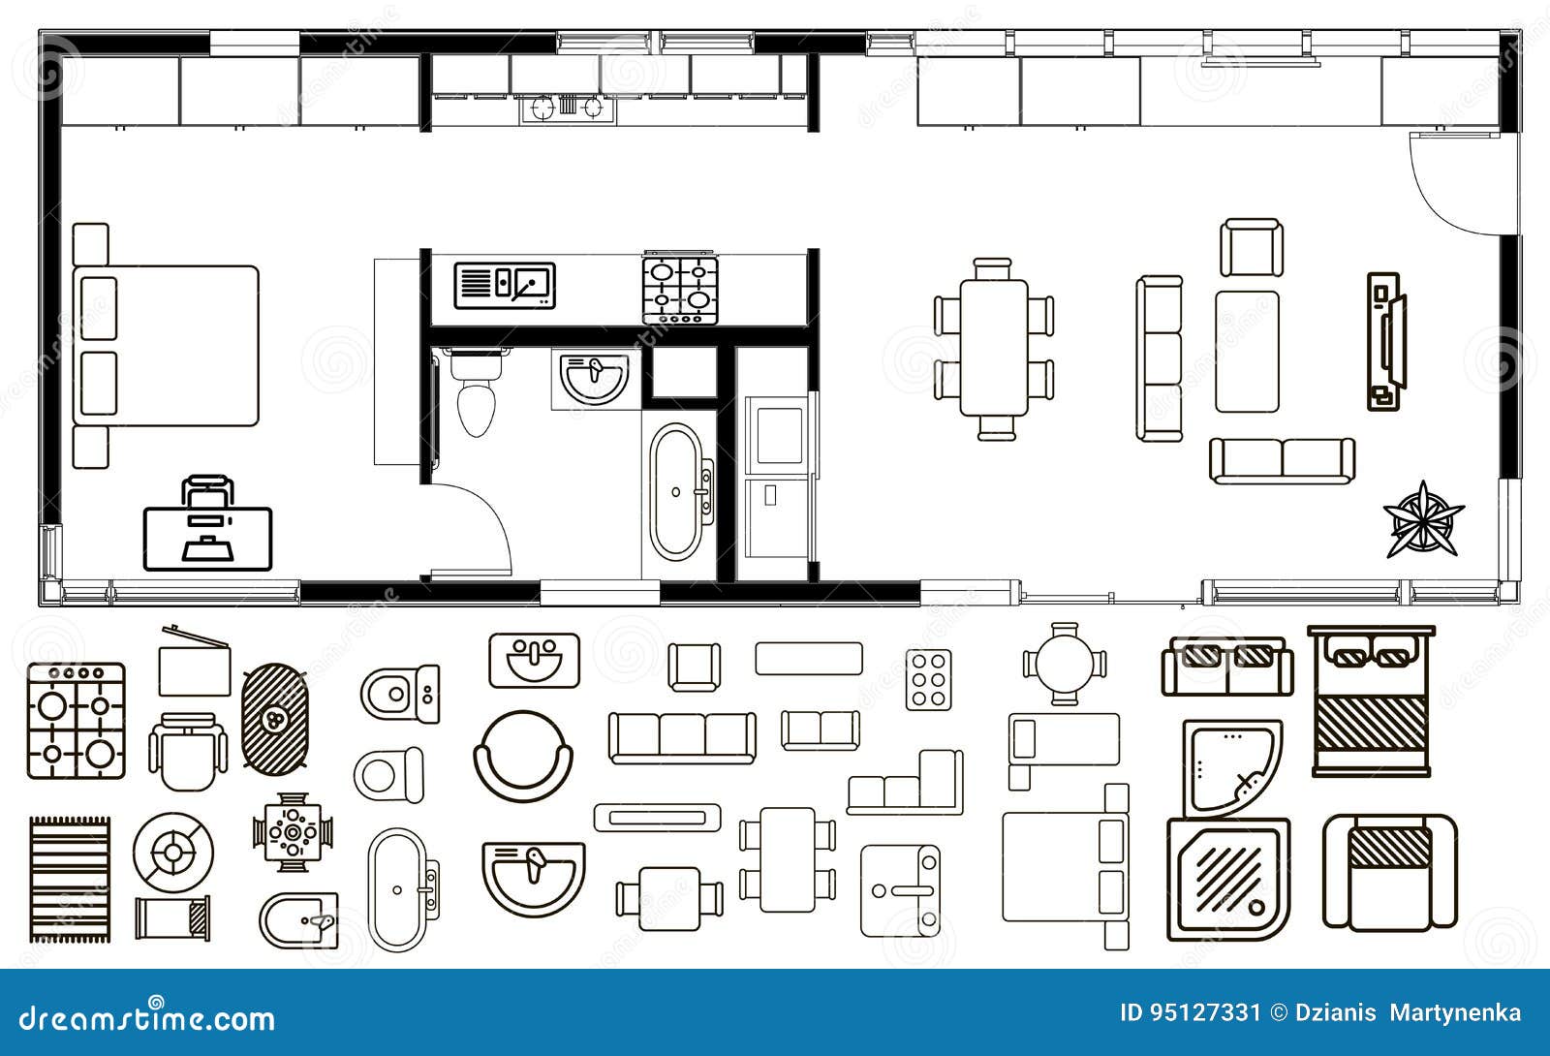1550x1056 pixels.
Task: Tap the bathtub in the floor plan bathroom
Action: [x=676, y=491]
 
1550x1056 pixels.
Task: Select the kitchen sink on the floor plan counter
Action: [x=505, y=285]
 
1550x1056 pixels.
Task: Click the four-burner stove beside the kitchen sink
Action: [x=680, y=290]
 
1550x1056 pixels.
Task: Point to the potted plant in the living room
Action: [x=1422, y=519]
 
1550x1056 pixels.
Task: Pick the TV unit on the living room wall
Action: [x=1385, y=341]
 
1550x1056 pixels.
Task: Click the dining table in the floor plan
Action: [x=994, y=347]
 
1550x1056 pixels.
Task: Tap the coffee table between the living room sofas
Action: [x=1247, y=350]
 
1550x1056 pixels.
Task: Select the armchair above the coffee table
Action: [x=1251, y=248]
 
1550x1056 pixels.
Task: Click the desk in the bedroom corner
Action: [x=208, y=538]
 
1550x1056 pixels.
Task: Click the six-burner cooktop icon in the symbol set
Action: [x=928, y=679]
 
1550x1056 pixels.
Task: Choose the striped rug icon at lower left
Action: [x=69, y=879]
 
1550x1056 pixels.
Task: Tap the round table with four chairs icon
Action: [x=1064, y=664]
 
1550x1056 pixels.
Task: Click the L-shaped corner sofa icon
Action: [x=907, y=783]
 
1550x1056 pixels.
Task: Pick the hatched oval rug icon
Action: [x=275, y=718]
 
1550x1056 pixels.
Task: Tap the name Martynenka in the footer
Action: [x=1456, y=1013]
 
